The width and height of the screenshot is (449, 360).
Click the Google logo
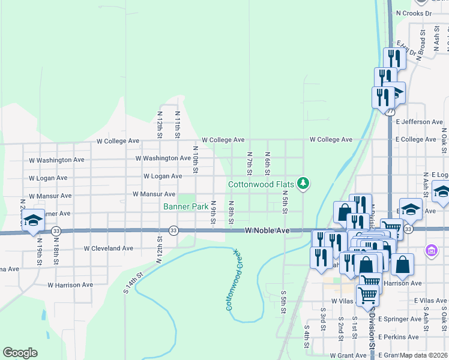pos(20,353)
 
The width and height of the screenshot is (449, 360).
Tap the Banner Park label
pos(186,207)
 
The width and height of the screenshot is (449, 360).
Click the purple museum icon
pos(430,249)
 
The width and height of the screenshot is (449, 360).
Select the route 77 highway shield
pos(390,112)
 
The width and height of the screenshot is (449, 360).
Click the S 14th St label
pos(135,284)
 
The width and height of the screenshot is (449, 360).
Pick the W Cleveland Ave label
pos(108,248)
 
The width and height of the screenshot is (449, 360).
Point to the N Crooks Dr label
pos(414,13)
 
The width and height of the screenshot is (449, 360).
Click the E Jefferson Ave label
pos(419,122)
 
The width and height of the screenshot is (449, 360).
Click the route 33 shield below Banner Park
pos(173,230)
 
